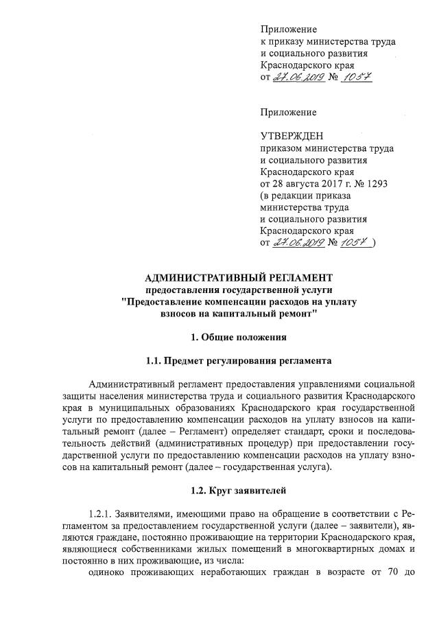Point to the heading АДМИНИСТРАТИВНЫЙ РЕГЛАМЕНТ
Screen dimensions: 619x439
(239, 277)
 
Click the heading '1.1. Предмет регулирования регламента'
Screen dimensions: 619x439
(239, 360)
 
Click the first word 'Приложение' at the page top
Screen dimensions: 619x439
(289, 29)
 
